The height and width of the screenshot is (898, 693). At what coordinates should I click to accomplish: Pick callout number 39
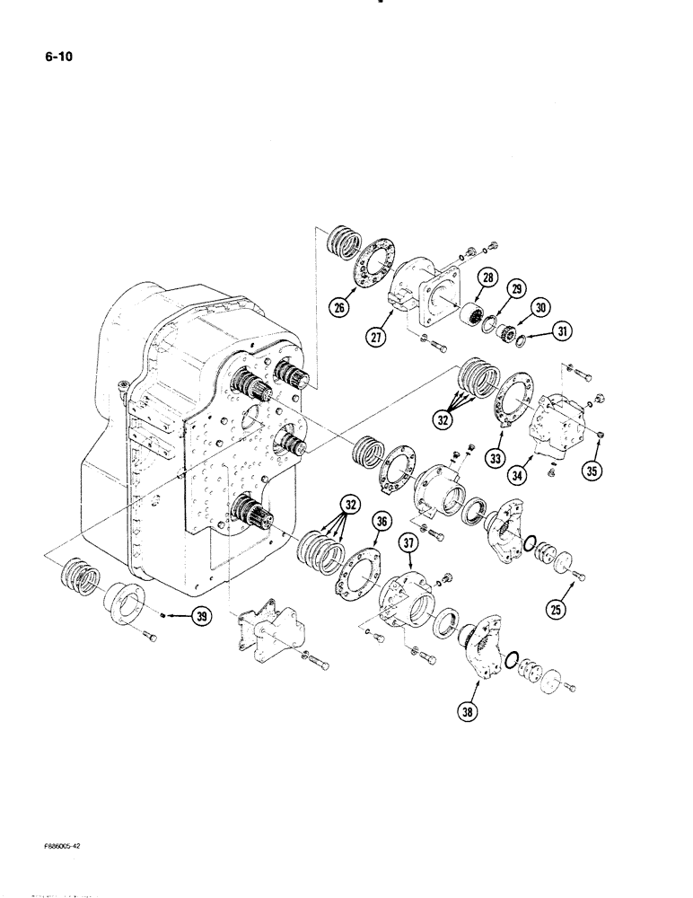(x=201, y=616)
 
